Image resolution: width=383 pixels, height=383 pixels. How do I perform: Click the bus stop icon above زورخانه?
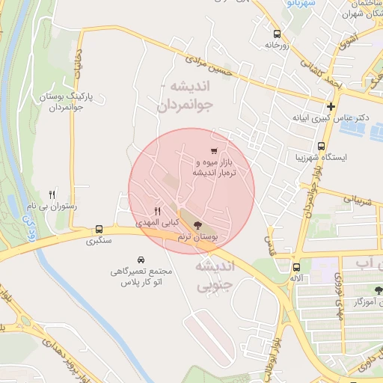[278, 34]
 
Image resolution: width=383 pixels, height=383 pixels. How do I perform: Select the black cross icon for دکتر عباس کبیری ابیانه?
[331, 106]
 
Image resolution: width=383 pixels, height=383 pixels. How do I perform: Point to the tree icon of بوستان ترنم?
[197, 224]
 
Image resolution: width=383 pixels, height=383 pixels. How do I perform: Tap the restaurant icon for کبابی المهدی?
[156, 211]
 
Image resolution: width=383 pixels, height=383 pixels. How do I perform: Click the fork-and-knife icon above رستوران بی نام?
[51, 193]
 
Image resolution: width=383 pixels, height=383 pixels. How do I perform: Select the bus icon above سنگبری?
[99, 230]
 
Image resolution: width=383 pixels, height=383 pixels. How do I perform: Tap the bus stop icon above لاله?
[297, 266]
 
